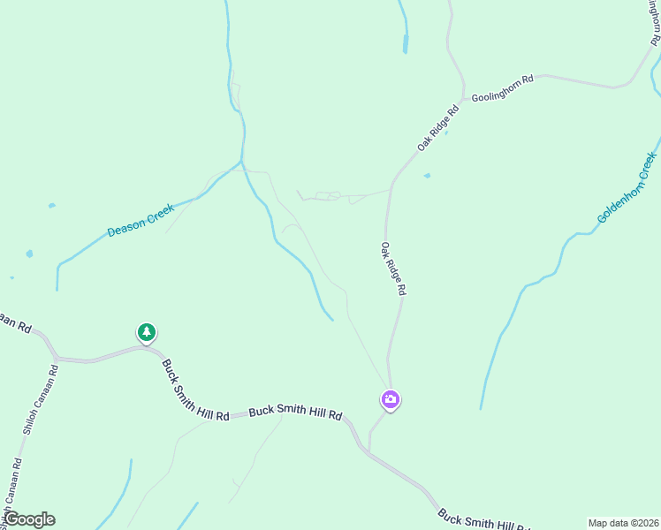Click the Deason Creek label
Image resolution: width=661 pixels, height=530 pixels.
141,220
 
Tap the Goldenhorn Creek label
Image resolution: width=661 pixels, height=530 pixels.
627,187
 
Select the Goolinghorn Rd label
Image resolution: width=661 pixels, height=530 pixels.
502,91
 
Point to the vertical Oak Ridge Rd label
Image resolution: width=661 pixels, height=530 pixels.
393,269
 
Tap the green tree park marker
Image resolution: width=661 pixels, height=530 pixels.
146,332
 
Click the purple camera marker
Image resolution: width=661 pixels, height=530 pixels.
390,399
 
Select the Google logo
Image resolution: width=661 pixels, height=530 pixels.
29,519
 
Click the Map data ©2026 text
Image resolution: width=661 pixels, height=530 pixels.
622,523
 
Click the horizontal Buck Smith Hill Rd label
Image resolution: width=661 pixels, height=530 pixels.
295,412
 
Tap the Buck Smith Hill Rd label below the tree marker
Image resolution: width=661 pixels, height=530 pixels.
194,390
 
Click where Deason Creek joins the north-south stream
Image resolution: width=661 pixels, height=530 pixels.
241,162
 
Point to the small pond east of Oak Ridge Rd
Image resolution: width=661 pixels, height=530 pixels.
428,176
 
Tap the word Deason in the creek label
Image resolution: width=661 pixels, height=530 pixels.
125,227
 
